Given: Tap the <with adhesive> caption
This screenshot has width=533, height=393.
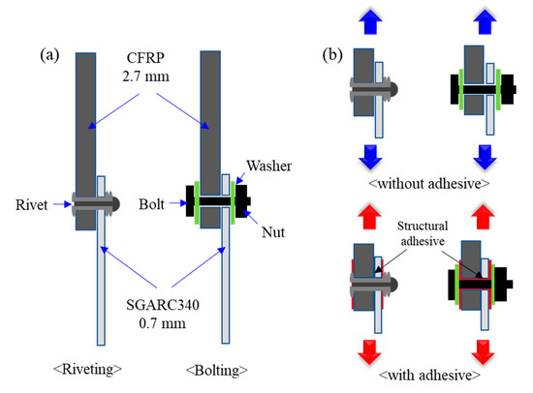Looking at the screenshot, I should [423, 373].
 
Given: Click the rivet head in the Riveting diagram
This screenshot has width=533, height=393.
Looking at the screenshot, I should [113, 204].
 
